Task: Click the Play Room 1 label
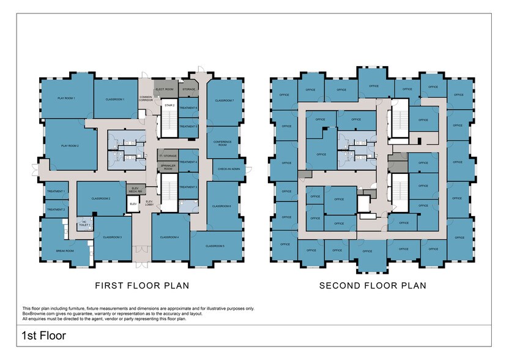pos(65,99)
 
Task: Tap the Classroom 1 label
pos(116,99)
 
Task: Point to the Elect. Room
pos(165,90)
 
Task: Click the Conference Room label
pos(222,144)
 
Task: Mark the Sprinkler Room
pos(168,167)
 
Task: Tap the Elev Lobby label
pos(149,203)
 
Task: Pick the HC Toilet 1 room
pos(84,224)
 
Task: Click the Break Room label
pos(65,250)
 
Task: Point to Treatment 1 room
pos(56,192)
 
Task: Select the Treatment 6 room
pos(188,108)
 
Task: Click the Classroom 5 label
pos(215,246)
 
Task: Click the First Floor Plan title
pos(141,285)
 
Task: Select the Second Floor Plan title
pos(373,285)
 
